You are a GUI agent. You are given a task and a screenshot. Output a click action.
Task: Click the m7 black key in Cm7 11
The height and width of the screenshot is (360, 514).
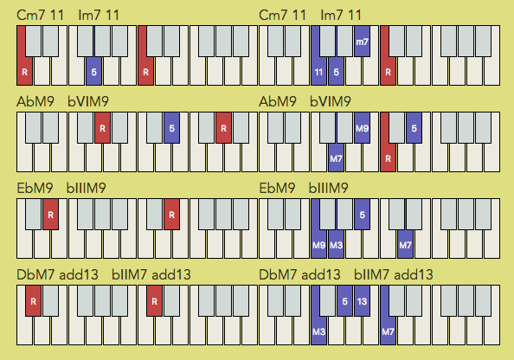coord(362,41)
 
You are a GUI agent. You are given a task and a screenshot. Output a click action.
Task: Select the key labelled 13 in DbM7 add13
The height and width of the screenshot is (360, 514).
coord(362,300)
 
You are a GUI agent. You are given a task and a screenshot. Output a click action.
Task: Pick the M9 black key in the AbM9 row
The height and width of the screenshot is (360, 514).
coord(362,127)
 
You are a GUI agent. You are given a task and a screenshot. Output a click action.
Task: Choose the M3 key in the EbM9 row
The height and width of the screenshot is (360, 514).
coord(336,245)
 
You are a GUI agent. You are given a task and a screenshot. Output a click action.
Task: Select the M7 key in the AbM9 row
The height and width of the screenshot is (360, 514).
coord(336,158)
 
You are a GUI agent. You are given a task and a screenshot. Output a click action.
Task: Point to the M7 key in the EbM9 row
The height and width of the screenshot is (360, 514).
coord(405,245)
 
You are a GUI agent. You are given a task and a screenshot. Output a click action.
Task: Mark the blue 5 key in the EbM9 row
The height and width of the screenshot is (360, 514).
coord(362,214)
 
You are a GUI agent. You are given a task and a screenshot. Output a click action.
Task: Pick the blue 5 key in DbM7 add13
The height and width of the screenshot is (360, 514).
coord(344,300)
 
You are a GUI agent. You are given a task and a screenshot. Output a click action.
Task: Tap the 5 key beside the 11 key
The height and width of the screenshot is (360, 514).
coord(336,72)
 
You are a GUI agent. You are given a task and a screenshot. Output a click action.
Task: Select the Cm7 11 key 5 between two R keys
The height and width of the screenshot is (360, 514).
coord(93,72)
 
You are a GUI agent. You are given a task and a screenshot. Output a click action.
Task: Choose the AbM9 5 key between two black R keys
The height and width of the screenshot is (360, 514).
coord(171,127)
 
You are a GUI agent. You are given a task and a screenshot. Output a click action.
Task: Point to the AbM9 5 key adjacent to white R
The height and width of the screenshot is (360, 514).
coord(414,127)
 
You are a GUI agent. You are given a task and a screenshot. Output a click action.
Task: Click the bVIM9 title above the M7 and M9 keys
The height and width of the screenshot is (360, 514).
coord(330,101)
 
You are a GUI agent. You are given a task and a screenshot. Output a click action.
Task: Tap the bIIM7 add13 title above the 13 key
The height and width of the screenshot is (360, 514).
coord(394,274)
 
